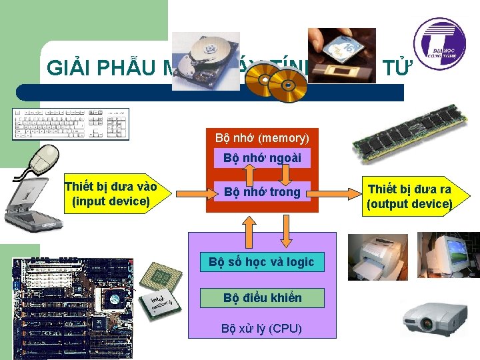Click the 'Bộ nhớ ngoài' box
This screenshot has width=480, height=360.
pos(262,158)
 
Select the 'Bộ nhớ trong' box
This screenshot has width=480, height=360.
pos(262,192)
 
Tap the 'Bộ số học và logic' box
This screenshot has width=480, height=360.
pos(261,262)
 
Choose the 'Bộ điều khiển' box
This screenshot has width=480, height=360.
pos(262,298)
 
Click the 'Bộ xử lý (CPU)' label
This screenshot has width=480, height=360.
pos(261,328)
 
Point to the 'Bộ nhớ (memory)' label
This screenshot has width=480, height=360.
pos(262,138)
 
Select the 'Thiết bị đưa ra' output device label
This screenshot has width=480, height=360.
pos(409,196)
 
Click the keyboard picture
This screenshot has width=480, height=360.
pos(70,124)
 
